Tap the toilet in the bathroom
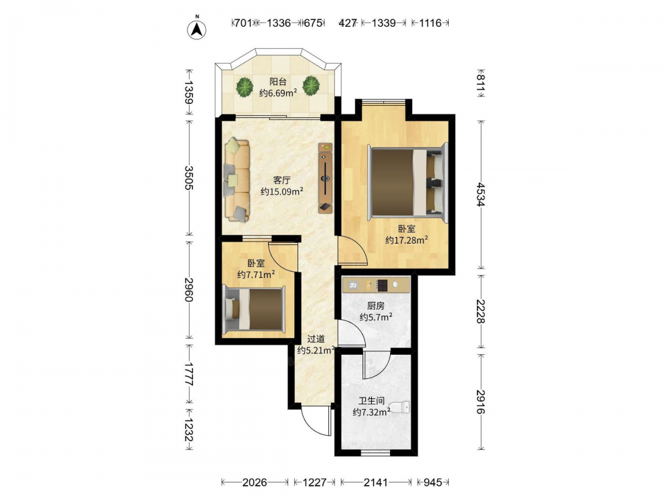[401, 407]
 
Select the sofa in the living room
[237, 180]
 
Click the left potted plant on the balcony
[245, 86]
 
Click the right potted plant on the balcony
[311, 86]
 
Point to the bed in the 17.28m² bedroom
[407, 183]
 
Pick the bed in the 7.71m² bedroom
[255, 309]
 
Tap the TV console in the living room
[326, 178]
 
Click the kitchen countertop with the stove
[376, 284]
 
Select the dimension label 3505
[189, 177]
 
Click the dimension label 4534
[481, 195]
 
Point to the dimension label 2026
[255, 483]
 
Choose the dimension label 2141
[376, 483]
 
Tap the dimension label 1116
[430, 23]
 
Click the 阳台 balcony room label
[278, 82]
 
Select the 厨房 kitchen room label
[376, 306]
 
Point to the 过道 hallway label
[316, 339]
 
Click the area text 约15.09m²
[282, 191]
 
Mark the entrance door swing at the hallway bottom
[316, 420]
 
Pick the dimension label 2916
[481, 402]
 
